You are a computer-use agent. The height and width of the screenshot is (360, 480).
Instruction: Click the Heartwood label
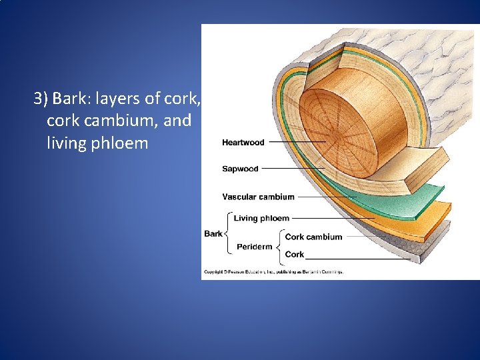pyautogui.click(x=243, y=143)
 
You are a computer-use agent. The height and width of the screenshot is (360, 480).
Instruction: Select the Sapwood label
pyautogui.click(x=240, y=169)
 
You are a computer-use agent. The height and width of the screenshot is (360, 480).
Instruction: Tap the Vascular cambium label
pyautogui.click(x=258, y=197)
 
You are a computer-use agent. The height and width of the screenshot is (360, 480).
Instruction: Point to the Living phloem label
pyautogui.click(x=261, y=218)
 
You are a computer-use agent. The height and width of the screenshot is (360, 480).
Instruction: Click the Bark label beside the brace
pyautogui.click(x=213, y=234)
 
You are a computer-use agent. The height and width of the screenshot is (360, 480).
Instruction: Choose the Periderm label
pyautogui.click(x=254, y=247)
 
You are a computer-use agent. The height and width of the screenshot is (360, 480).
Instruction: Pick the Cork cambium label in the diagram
pyautogui.click(x=313, y=237)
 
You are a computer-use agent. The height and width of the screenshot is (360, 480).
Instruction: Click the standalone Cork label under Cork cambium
pyautogui.click(x=294, y=254)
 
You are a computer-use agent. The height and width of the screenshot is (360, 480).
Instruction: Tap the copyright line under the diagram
pyautogui.click(x=273, y=272)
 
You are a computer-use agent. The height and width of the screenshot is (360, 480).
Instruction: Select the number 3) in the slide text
pyautogui.click(x=41, y=99)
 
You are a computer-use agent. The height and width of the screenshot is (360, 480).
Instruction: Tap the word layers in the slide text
pyautogui.click(x=118, y=99)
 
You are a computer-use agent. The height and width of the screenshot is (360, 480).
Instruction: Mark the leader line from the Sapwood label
pyautogui.click(x=287, y=169)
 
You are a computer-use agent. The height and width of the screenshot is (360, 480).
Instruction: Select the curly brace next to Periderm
pyautogui.click(x=278, y=246)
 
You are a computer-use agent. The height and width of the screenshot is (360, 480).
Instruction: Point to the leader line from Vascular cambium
pyautogui.click(x=327, y=197)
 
